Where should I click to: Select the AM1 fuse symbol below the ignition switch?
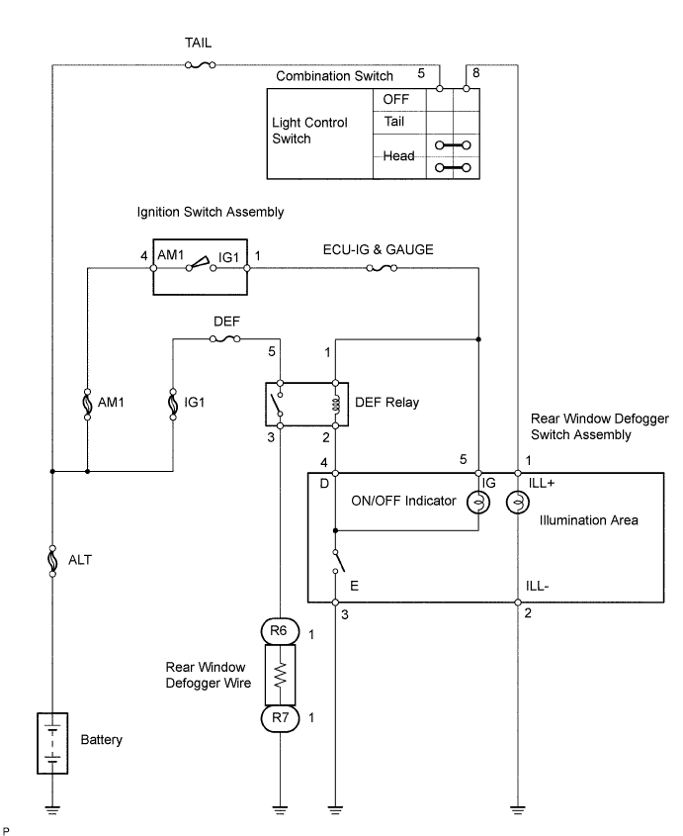pos(87,404)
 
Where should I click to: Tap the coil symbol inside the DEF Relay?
pos(335,403)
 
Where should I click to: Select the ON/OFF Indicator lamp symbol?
pos(478,502)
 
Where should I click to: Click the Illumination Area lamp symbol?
pos(516,502)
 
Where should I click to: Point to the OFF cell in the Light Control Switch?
pos(396,99)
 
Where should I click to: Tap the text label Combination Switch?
pos(334,75)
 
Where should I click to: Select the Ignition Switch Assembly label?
pos(211,212)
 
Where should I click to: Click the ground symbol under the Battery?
pos(51,809)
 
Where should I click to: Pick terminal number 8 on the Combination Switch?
pos(475,73)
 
